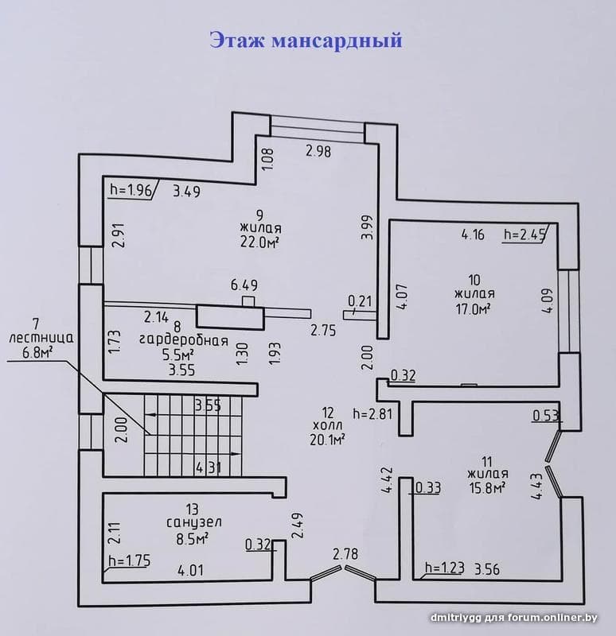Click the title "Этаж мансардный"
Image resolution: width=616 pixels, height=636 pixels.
306,41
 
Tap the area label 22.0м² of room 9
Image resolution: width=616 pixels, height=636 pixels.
260,242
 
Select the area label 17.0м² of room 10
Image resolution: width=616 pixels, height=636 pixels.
474,309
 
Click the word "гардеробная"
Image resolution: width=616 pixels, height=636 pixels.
184,341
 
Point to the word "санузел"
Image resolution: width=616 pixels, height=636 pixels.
194,522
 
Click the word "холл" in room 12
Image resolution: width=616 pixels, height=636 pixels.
328,425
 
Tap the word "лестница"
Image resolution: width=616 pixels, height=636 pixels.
41,338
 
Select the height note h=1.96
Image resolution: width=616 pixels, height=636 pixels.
131,190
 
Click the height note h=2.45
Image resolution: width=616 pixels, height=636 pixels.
524,235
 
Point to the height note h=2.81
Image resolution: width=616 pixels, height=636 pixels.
372,414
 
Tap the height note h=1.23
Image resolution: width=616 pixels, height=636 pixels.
445,568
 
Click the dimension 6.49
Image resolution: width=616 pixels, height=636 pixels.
244,285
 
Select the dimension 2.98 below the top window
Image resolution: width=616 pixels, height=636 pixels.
318,151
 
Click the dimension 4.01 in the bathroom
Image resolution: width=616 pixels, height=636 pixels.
190,571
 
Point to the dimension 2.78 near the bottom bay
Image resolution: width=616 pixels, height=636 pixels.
345,553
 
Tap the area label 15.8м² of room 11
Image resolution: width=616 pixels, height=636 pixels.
487,487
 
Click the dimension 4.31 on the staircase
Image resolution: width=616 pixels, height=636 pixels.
209,468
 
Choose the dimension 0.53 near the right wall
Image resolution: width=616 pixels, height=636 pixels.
546,416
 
